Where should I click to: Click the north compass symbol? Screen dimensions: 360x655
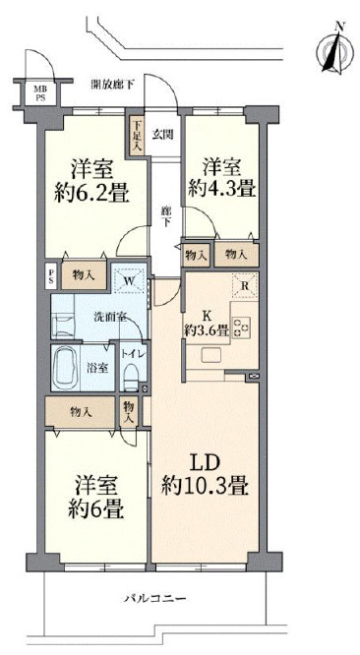click(334, 49)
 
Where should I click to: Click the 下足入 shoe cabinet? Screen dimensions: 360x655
click(137, 136)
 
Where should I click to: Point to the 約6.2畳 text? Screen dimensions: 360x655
click(92, 193)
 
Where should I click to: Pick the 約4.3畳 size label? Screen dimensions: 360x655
click(221, 190)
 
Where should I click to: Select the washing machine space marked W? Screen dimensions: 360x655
click(129, 278)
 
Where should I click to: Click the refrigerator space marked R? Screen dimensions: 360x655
click(245, 285)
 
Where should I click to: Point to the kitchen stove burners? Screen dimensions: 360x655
click(241, 327)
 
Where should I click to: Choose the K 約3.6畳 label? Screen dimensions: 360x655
click(207, 324)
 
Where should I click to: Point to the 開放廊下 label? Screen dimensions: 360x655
click(113, 85)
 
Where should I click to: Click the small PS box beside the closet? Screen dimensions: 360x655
click(51, 275)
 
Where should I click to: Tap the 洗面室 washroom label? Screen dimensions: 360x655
click(109, 317)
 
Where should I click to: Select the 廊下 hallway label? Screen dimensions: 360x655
click(166, 216)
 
